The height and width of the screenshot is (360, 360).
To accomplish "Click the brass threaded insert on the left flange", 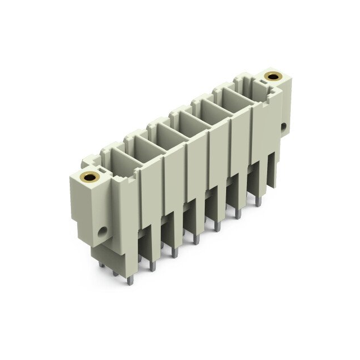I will (89, 178).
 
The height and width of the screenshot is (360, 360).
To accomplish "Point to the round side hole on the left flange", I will (102, 231).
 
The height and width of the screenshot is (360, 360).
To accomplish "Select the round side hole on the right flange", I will (283, 127).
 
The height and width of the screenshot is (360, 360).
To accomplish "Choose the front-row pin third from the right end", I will (217, 224).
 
